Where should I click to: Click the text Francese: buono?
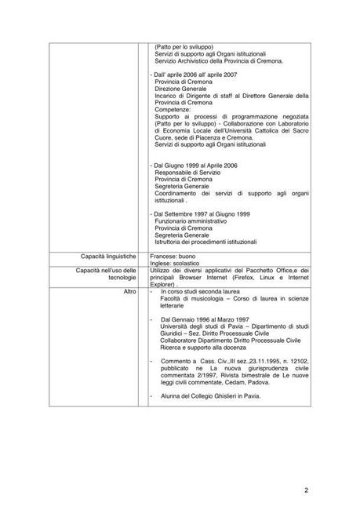[x=175, y=257]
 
